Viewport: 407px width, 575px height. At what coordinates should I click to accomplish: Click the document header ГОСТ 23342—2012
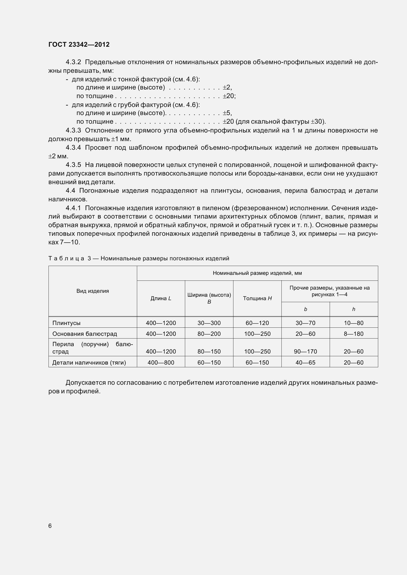[79, 44]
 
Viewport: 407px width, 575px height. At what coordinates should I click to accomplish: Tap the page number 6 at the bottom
[50, 526]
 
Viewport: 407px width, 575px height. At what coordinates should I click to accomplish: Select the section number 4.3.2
[73, 62]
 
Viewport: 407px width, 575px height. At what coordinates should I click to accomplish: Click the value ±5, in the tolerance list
[227, 113]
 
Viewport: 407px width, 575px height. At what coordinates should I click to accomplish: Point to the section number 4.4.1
[73, 208]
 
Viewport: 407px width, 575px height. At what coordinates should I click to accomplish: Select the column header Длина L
[161, 298]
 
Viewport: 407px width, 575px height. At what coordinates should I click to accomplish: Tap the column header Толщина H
[257, 298]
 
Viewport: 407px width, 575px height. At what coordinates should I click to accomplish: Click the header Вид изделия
[93, 291]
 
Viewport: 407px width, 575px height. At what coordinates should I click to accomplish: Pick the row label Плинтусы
[66, 323]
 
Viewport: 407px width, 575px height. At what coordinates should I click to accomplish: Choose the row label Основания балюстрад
[84, 334]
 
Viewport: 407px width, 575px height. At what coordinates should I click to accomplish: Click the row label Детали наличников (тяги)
[89, 362]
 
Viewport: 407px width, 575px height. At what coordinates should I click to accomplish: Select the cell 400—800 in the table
[161, 362]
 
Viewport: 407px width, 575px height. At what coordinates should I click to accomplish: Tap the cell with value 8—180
[354, 334]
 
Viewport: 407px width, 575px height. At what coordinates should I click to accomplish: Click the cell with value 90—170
[306, 352]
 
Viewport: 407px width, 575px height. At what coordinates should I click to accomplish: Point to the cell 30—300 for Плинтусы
[209, 323]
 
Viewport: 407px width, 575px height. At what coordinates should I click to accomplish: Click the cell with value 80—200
[209, 334]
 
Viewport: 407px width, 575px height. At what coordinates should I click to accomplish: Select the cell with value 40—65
[306, 362]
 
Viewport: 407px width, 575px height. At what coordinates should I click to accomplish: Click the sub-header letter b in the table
[306, 309]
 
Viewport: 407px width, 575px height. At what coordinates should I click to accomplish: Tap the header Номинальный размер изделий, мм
[257, 273]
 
